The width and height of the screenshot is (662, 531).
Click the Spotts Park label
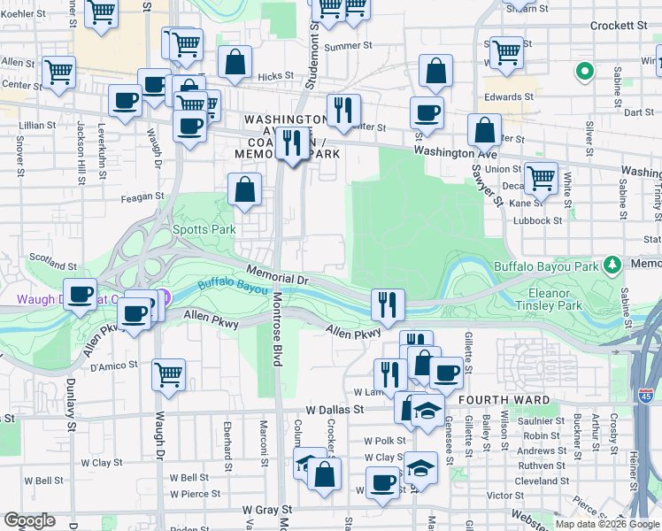(x=204, y=229)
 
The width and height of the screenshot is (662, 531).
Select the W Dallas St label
(x=335, y=411)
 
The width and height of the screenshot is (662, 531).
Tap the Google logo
(x=29, y=520)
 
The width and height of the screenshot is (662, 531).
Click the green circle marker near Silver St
(x=584, y=72)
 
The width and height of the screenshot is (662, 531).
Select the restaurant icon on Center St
(x=343, y=109)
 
